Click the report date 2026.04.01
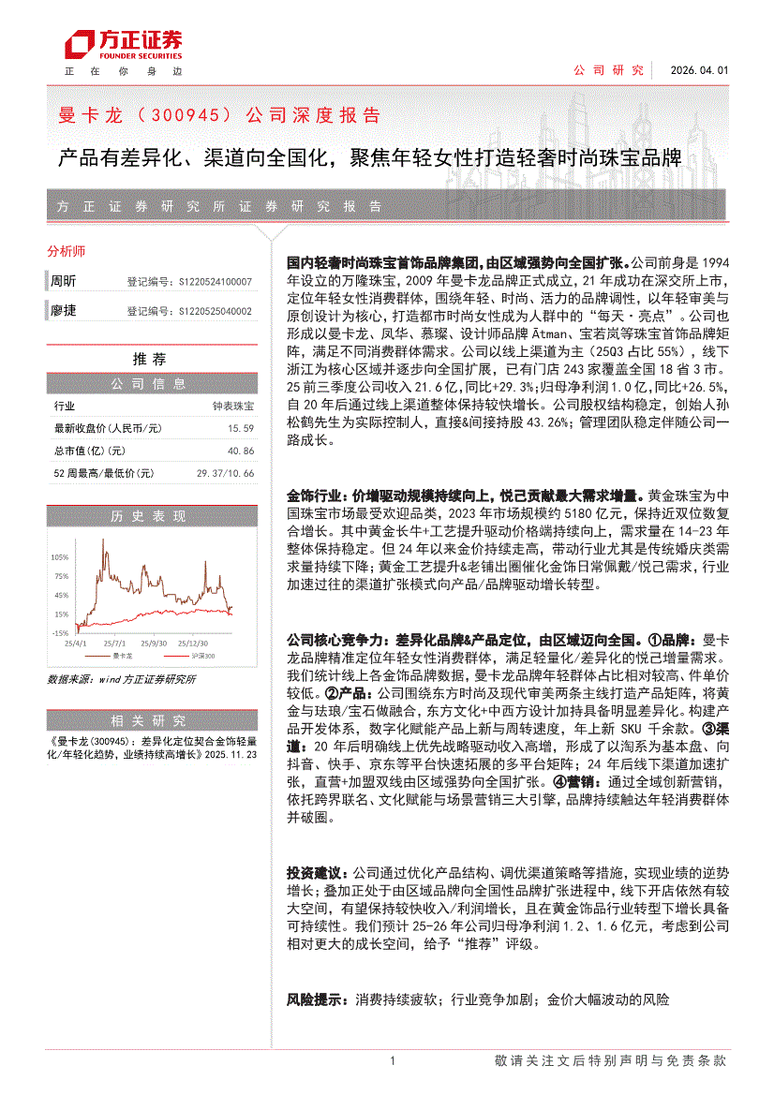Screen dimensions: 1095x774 point(699,70)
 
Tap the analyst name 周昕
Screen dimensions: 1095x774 point(64,281)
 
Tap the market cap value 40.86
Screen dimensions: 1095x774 point(241,451)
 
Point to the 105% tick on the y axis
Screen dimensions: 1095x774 point(61,556)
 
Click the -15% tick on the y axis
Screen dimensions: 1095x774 point(60,633)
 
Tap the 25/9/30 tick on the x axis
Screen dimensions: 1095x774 point(155,644)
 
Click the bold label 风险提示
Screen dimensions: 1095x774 point(313,1001)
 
